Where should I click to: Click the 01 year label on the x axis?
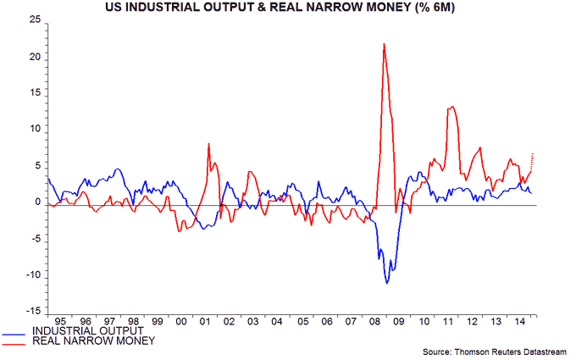point(206,322)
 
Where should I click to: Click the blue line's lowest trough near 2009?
point(387,283)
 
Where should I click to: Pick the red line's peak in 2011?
point(453,106)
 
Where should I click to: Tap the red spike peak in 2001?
point(208,144)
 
